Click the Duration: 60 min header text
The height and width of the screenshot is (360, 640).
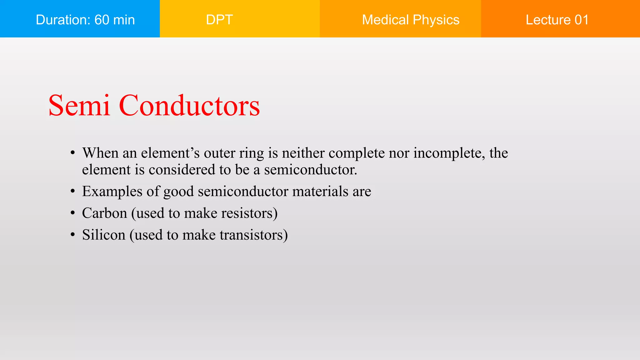click(85, 20)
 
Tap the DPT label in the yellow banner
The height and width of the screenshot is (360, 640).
click(219, 20)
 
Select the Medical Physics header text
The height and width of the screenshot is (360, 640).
click(411, 20)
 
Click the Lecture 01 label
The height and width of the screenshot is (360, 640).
click(557, 20)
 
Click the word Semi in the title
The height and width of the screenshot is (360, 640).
click(79, 106)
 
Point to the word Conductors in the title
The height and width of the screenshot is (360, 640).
click(189, 106)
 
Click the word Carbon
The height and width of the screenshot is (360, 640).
click(104, 213)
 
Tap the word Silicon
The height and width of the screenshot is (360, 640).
click(103, 235)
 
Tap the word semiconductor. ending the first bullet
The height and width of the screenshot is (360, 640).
click(310, 170)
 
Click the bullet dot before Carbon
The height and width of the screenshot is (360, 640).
click(72, 213)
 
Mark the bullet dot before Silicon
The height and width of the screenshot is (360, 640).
click(72, 235)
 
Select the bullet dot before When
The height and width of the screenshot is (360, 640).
click(72, 153)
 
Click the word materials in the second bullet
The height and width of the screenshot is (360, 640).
click(320, 191)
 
